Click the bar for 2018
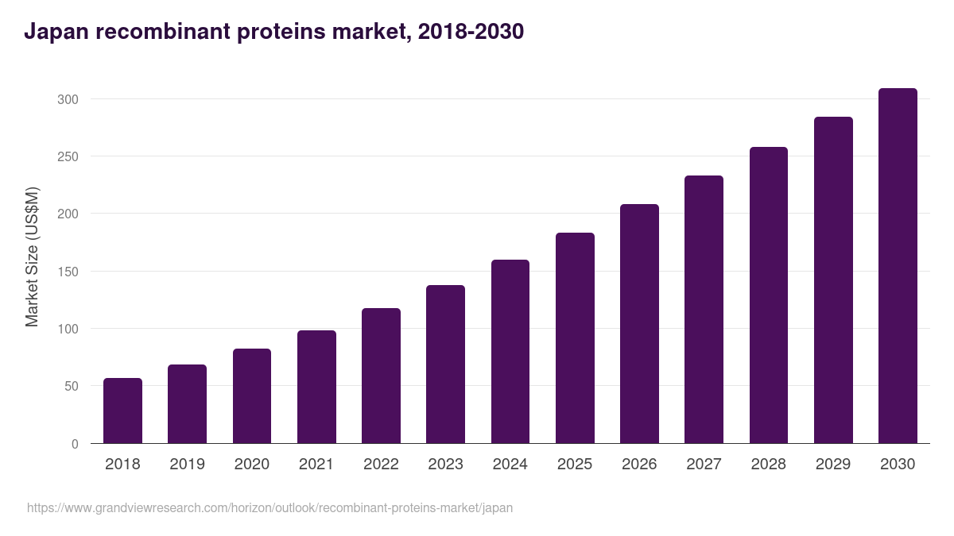tap(122, 411)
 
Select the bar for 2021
tap(316, 387)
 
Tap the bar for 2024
tap(510, 352)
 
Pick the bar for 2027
tap(704, 310)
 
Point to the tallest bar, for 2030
tap(898, 266)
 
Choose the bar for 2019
tap(187, 404)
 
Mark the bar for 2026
tap(639, 324)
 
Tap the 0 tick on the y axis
tap(75, 444)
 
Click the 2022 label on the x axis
tap(381, 465)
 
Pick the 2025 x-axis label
tap(575, 465)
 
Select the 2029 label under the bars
tap(833, 465)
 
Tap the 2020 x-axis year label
tap(251, 465)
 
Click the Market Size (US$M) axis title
tap(32, 256)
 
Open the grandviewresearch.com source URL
tap(270, 508)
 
